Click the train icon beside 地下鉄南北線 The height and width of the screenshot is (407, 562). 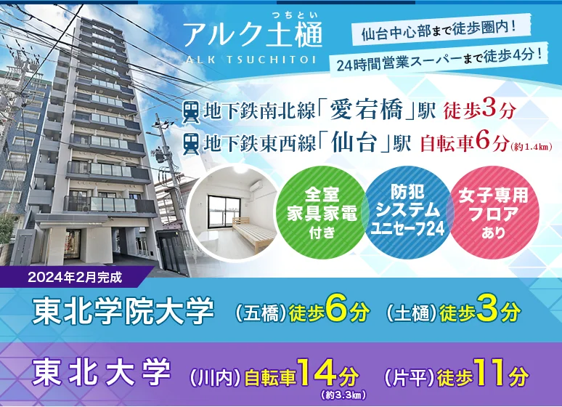(x=191, y=112)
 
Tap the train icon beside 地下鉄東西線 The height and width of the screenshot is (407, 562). (x=191, y=144)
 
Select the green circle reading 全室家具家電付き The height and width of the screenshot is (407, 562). (x=322, y=212)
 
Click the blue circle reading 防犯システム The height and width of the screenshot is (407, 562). (x=407, y=212)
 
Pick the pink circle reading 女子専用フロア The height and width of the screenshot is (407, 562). (x=494, y=212)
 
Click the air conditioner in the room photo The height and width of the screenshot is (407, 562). (x=261, y=185)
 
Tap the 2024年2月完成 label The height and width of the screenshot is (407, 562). (x=75, y=278)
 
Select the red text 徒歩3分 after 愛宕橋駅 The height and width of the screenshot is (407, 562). (x=479, y=110)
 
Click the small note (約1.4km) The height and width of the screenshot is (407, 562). (x=532, y=146)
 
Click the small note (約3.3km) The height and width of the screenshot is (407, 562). (x=344, y=395)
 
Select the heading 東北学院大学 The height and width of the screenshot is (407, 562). (x=123, y=311)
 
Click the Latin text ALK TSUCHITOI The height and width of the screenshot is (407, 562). (x=251, y=59)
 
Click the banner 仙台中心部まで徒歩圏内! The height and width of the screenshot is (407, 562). (x=441, y=30)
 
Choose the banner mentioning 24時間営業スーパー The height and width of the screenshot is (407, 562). (x=439, y=60)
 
